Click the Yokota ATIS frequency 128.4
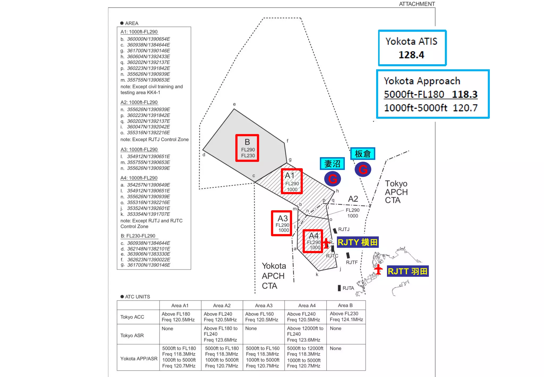coord(411,55)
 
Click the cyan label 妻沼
coord(332,164)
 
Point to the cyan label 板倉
coord(363,154)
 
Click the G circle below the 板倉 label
coord(363,169)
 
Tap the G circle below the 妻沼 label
coord(333,179)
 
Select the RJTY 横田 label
coord(358,242)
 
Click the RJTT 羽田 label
coord(408,271)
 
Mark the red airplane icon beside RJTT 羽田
coord(378,270)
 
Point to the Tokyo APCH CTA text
coord(396,192)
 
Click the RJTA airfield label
coord(348,288)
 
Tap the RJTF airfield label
coord(352,262)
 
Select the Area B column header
coord(345,305)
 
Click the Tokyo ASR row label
coord(132,336)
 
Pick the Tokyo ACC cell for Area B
coord(346,317)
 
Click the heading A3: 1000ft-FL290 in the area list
coord(139,149)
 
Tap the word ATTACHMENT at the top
coord(417,4)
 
